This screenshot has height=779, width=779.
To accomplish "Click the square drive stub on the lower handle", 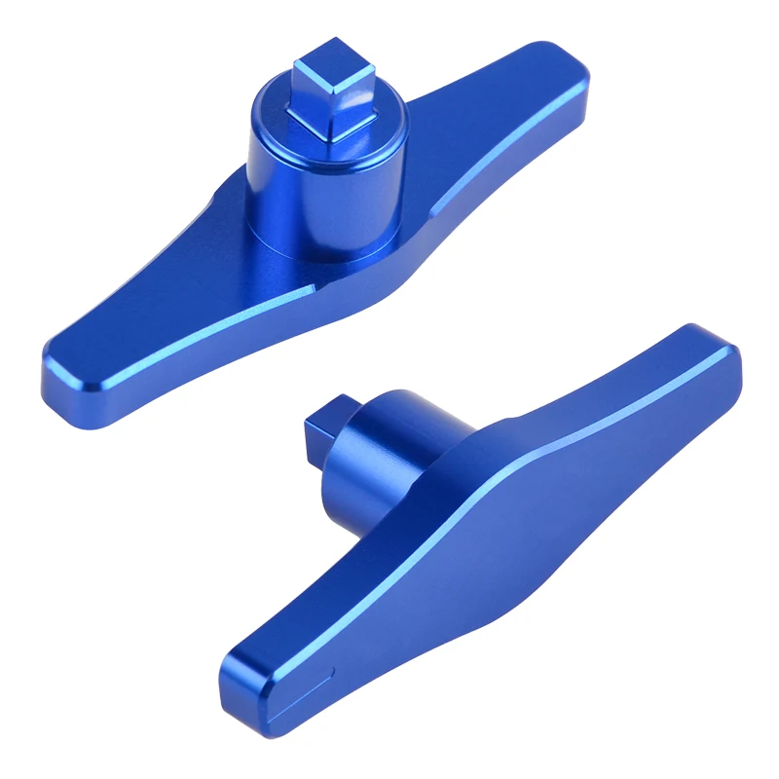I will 325,427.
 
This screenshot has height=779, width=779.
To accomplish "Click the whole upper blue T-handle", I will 312,224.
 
